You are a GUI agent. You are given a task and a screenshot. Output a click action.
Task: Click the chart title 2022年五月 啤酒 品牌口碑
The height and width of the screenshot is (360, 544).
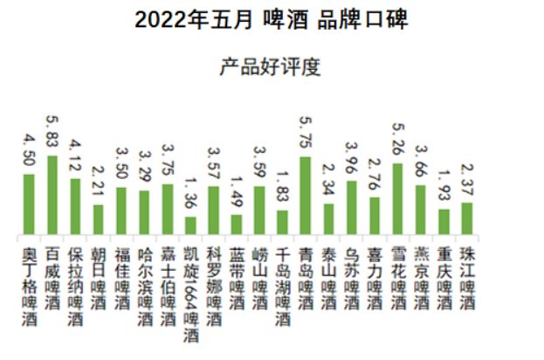pos(272,19)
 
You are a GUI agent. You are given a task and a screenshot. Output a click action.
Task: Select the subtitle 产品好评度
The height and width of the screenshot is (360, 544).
pos(272,66)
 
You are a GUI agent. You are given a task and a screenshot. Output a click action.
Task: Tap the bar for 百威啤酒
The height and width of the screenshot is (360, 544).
pos(52,195)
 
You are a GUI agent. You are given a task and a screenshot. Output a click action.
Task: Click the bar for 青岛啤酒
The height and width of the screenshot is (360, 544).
pos(306,196)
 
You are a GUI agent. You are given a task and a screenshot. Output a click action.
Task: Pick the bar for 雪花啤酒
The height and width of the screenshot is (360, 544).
pos(397,199)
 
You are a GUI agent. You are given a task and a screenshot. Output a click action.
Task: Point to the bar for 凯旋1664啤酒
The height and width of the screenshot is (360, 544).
pos(190,225)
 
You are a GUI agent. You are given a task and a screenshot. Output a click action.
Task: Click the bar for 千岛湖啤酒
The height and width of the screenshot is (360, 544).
pos(282,222)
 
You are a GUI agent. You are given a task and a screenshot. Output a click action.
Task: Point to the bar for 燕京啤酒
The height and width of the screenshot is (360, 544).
pos(420,210)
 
